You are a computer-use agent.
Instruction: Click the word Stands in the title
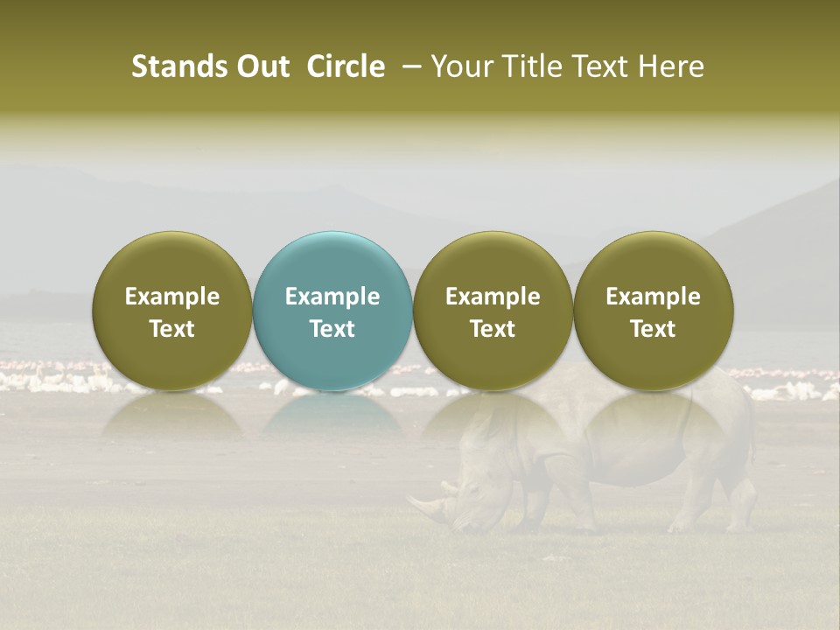point(178,66)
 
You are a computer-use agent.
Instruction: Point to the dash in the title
point(409,66)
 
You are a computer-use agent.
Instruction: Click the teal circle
point(332,311)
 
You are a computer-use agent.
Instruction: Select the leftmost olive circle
point(171,311)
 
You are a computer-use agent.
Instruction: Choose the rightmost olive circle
point(653,311)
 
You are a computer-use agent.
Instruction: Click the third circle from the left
point(493,311)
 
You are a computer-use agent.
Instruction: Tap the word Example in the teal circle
point(332,297)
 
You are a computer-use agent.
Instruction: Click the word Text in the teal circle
point(332,329)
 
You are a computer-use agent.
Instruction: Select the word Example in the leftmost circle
point(172,297)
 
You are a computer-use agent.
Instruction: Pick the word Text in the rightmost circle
point(653,329)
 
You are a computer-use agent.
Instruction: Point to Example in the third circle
point(493,297)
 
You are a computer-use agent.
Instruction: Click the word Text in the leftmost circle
point(172,329)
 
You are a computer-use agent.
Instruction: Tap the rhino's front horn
point(421,504)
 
